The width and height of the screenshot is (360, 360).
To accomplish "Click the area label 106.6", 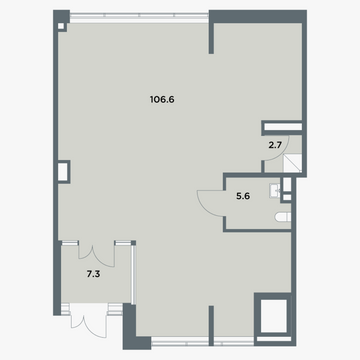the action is tap(162, 99).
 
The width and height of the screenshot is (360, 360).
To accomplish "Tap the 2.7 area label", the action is tap(275, 145).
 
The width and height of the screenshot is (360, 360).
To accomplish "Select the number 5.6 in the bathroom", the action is tap(243, 196).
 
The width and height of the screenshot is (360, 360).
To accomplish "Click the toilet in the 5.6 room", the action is tap(283, 217).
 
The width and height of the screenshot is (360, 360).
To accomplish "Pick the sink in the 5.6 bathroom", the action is tap(275, 191).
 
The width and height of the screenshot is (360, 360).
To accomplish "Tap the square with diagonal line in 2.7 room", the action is tap(292, 163).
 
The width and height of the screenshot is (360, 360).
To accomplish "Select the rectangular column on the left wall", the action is tap(64, 172).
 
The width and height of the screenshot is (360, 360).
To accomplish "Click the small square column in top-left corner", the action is tap(61, 26).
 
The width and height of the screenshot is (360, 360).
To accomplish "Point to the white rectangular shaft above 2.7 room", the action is tap(283, 127).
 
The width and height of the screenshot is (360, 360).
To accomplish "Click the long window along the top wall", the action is tap(139, 15).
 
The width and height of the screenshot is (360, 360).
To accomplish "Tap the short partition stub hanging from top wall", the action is tap(211, 38).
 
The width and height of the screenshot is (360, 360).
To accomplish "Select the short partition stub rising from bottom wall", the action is tap(211, 325).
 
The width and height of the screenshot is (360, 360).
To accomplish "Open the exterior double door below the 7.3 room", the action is tap(88, 320).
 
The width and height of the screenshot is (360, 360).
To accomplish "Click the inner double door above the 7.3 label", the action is tap(97, 255).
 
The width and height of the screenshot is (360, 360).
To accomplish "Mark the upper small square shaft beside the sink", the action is tap(287, 184).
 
